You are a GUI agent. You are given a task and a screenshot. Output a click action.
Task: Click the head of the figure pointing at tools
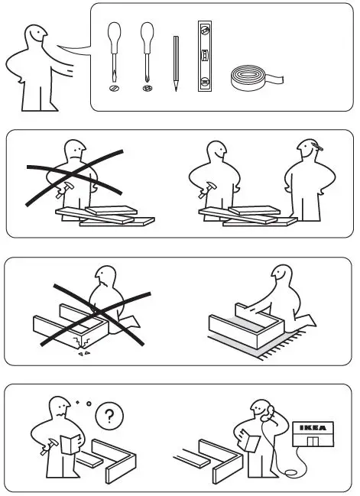pos(34,38)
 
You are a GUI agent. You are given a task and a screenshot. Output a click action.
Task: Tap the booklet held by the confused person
pos(69,445)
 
